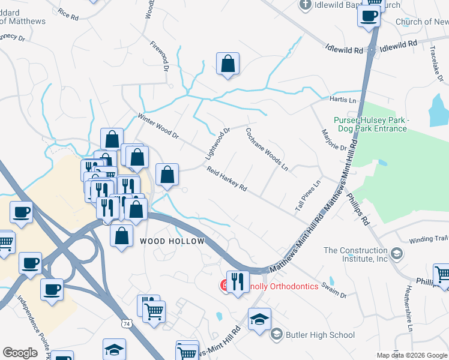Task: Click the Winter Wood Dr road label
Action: coord(158,126)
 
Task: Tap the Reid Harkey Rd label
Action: coord(227,179)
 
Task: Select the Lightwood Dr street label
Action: coord(217,143)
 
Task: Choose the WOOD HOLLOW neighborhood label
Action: coord(172,241)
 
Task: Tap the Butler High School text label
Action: coord(320,335)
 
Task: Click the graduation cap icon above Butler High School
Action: coord(259,319)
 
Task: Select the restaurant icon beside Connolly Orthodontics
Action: coord(237,281)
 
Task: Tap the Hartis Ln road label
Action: coord(343,99)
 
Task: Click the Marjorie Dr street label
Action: coord(334,140)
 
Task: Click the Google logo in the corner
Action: coord(20,353)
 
